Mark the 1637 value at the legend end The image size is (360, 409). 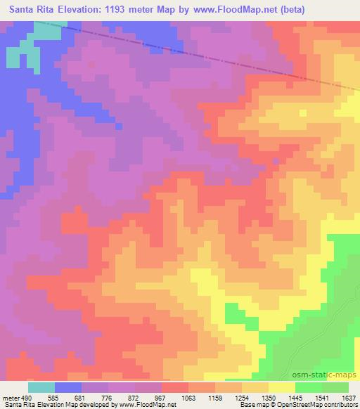click(347, 398)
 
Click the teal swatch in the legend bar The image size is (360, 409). click(41, 387)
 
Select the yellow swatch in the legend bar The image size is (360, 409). click(282, 387)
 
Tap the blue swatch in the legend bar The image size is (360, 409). click(68, 387)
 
